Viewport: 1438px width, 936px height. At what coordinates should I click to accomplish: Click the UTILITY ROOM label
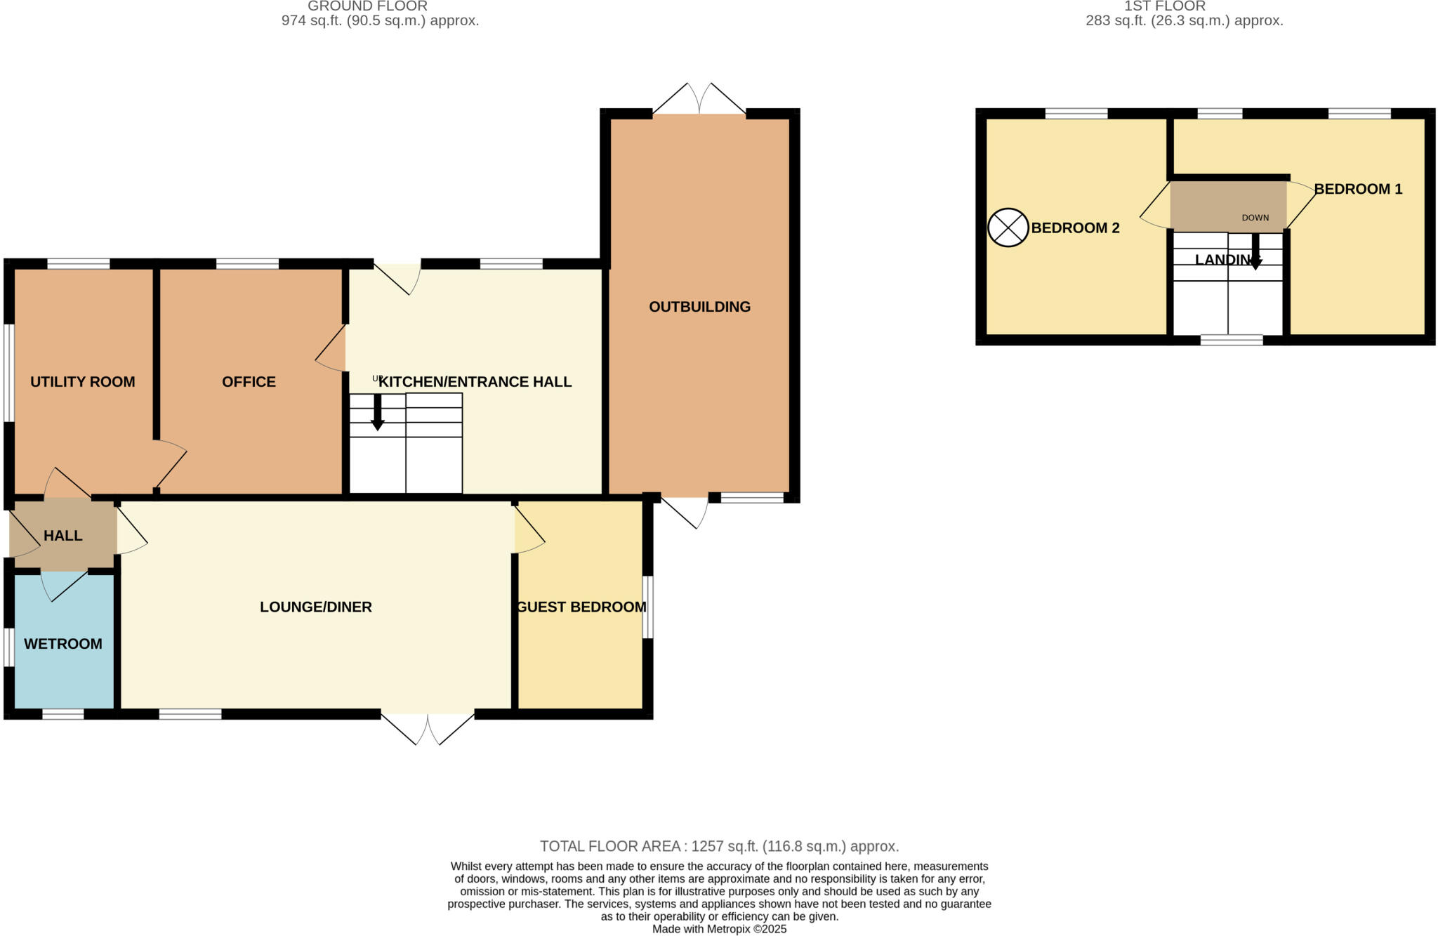(82, 382)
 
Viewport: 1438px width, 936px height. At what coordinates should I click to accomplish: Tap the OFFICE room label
(249, 382)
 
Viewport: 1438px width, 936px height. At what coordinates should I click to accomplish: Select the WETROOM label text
(63, 644)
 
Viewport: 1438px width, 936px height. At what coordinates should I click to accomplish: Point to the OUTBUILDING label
(699, 307)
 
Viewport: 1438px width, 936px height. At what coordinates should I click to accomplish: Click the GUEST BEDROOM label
(581, 607)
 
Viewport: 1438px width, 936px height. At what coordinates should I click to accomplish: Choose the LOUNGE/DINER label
(315, 607)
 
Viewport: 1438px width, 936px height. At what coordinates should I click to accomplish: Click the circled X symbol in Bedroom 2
(1008, 228)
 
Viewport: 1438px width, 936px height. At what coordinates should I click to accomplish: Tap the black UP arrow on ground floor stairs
(378, 413)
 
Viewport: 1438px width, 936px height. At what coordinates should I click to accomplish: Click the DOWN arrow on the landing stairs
(1255, 252)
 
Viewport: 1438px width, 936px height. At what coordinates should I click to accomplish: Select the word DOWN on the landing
(1255, 218)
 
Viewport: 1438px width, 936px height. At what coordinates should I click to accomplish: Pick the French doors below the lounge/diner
(428, 728)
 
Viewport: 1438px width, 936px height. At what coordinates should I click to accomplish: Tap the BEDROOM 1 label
(1358, 189)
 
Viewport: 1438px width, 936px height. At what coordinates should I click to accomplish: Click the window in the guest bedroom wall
(648, 607)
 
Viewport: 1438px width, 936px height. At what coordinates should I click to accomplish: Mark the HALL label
(63, 536)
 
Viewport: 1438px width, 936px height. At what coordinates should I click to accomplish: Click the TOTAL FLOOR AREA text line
(719, 846)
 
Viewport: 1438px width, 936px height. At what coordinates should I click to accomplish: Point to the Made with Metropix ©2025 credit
(719, 929)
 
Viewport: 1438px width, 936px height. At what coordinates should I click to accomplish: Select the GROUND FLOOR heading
(367, 6)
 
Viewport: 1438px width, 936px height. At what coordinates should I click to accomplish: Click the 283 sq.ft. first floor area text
(1184, 21)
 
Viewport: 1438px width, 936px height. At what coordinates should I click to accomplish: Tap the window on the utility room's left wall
(9, 372)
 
